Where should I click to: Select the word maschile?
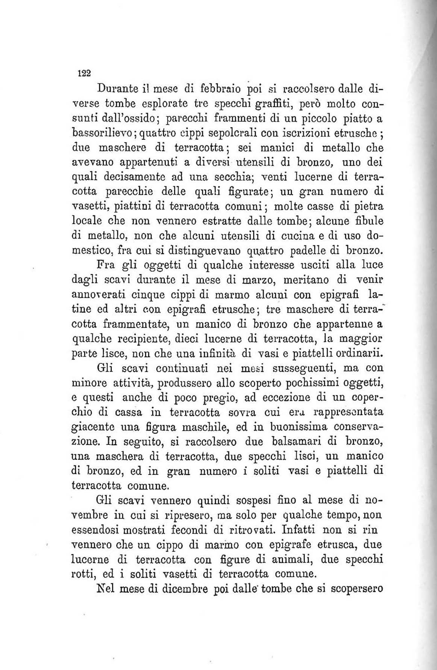point(224,427)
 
